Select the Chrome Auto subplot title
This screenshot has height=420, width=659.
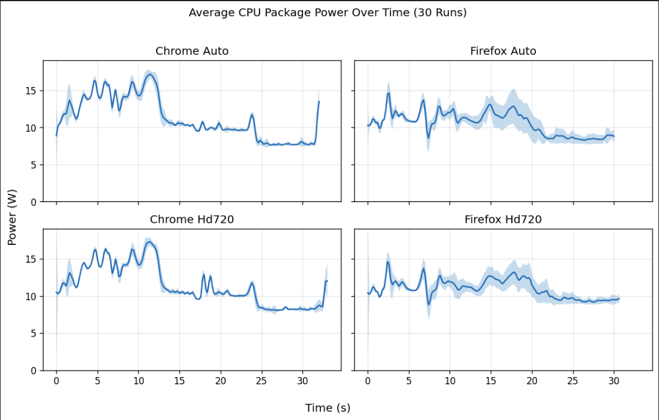pyautogui.click(x=192, y=51)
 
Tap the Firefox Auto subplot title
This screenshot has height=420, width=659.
pyautogui.click(x=503, y=51)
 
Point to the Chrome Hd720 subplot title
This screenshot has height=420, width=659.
pyautogui.click(x=192, y=220)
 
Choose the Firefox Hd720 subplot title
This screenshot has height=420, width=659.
pyautogui.click(x=503, y=220)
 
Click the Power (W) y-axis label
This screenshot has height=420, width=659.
pyautogui.click(x=12, y=215)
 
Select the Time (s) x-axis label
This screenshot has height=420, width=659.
pyautogui.click(x=327, y=408)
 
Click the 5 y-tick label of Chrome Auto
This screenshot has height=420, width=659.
pyautogui.click(x=33, y=165)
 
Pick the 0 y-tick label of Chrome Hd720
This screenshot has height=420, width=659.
pyautogui.click(x=33, y=371)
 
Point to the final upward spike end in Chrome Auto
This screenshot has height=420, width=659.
pyautogui.click(x=319, y=101)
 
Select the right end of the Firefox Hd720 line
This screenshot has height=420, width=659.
pyautogui.click(x=619, y=298)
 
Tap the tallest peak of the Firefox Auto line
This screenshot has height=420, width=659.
pyautogui.click(x=389, y=93)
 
